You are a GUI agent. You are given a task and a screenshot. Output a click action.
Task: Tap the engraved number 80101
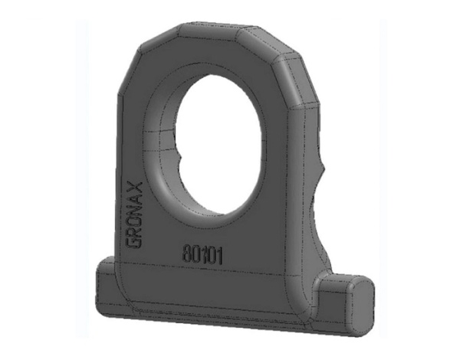click(203, 253)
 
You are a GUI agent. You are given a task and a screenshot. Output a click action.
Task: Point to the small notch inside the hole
click(182, 159)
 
